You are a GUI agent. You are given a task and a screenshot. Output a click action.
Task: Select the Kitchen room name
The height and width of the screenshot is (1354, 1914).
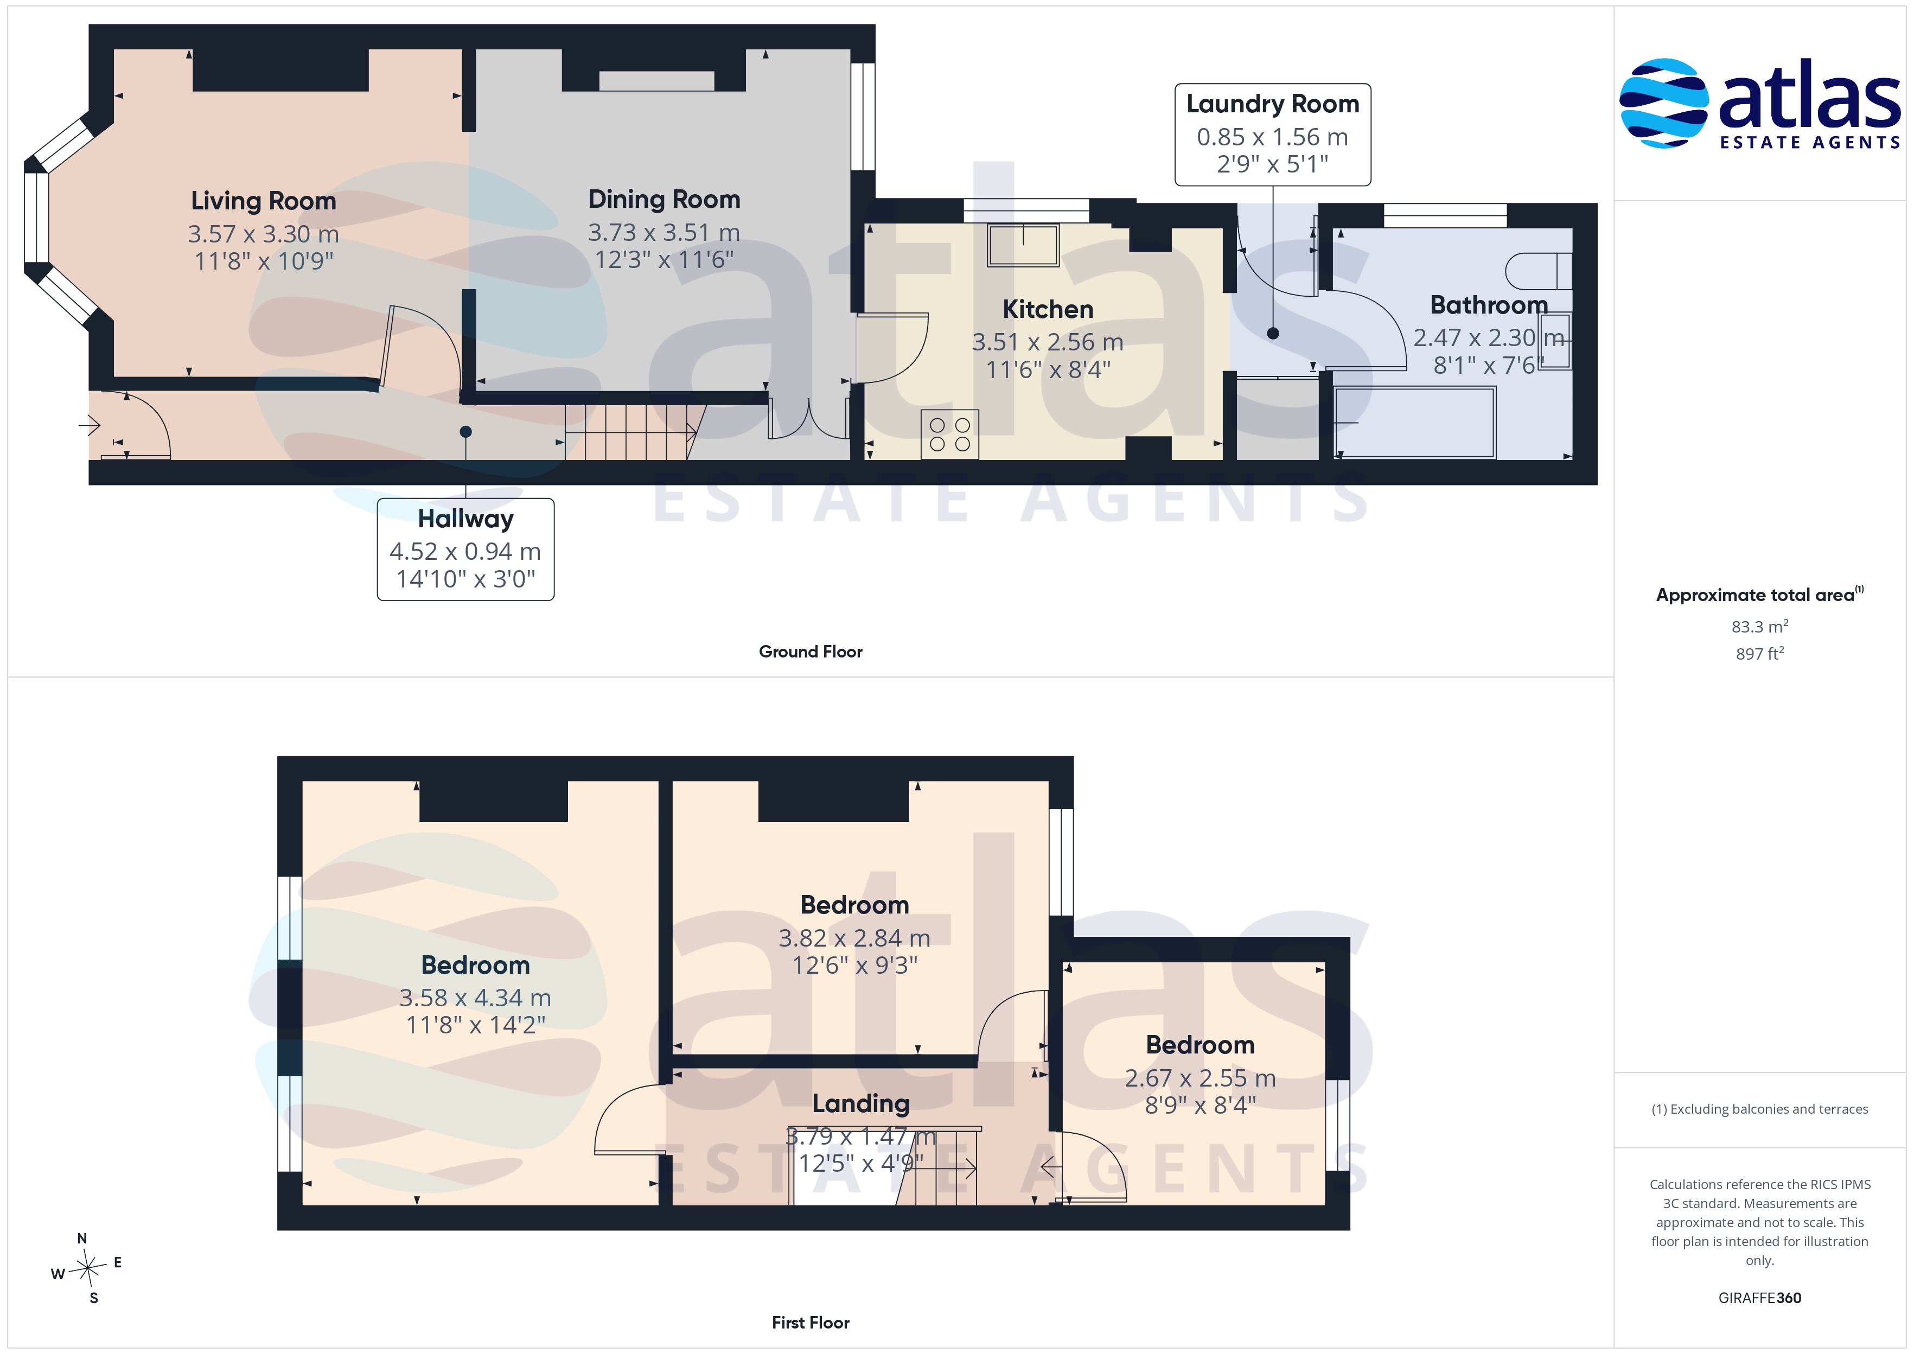(1047, 309)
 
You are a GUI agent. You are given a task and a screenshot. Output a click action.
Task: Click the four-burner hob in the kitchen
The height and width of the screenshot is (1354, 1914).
(949, 435)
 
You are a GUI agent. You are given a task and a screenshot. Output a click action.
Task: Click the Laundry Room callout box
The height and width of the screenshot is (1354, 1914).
(1272, 134)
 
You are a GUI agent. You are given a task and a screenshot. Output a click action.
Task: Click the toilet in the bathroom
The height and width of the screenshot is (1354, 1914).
(1539, 271)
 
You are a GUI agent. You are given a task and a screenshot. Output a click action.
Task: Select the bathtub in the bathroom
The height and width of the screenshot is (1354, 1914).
(1415, 422)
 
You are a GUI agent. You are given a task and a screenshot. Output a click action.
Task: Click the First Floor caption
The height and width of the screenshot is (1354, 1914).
(811, 1323)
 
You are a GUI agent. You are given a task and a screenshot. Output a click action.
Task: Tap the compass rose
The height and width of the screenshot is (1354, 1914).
(87, 1269)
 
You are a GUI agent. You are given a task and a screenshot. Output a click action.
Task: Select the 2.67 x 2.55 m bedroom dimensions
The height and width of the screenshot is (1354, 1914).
(1200, 1078)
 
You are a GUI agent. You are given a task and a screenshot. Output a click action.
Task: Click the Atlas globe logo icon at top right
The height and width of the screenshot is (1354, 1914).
(1663, 104)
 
